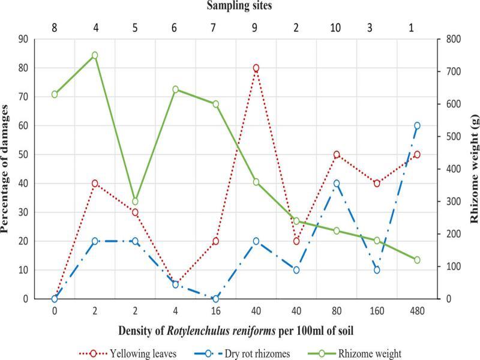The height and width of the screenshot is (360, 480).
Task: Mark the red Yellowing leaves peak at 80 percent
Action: point(256,68)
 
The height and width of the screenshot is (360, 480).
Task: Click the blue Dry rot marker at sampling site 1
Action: point(417,125)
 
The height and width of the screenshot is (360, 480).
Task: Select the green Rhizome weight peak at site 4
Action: point(95,55)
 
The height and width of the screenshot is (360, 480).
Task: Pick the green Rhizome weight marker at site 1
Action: point(417,260)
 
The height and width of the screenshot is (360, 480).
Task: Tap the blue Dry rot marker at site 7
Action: point(216,299)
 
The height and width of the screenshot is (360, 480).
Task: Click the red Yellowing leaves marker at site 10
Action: point(337,154)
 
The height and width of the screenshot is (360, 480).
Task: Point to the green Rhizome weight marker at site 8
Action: point(55,94)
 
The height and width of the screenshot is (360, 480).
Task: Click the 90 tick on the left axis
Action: point(25,40)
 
